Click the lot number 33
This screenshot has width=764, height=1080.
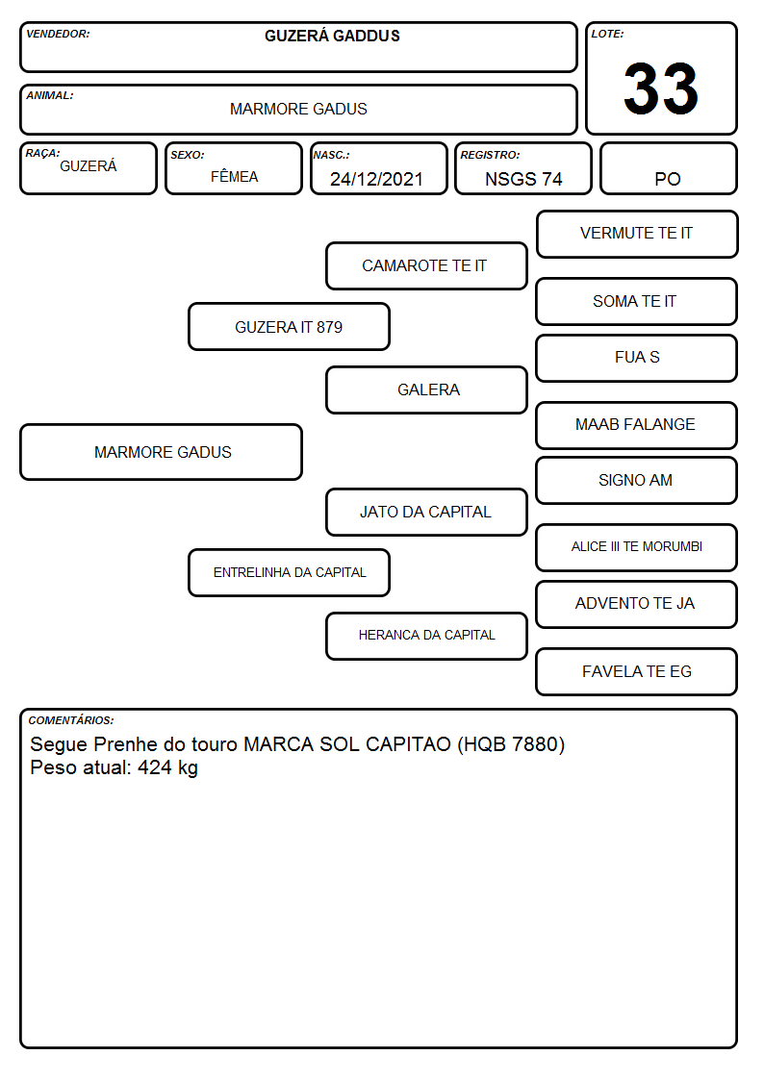coord(661,88)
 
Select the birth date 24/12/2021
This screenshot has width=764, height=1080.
coord(376,179)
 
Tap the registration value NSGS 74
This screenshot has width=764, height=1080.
coord(523,179)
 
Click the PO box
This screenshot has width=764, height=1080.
coord(668,168)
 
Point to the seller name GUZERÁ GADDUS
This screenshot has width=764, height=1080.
coord(332,36)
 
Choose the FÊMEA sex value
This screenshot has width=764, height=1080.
coord(234,176)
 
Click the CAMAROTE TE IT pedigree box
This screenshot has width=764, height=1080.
coord(426,265)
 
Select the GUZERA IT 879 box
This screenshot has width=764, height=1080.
coord(289,326)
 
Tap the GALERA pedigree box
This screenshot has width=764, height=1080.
coord(426,389)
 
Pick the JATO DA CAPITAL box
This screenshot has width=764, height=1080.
coord(426,512)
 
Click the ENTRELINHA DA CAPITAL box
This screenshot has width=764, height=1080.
coord(289,572)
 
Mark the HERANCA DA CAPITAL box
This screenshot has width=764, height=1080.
coord(426,636)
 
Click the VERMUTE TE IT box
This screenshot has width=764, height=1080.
coord(637,235)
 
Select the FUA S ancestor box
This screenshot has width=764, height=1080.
coord(637,358)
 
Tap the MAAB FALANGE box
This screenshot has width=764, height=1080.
coord(637,425)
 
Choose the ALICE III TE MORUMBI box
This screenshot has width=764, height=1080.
coord(637,547)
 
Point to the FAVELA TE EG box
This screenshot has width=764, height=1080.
coord(637,671)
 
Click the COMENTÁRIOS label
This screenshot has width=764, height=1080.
coord(71,720)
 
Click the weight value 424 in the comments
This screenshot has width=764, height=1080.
coord(154,767)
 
